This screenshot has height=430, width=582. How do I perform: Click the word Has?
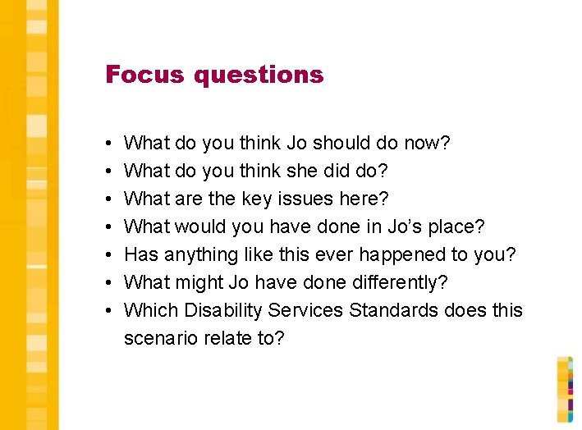[141, 255]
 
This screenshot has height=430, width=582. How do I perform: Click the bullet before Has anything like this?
[109, 255]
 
